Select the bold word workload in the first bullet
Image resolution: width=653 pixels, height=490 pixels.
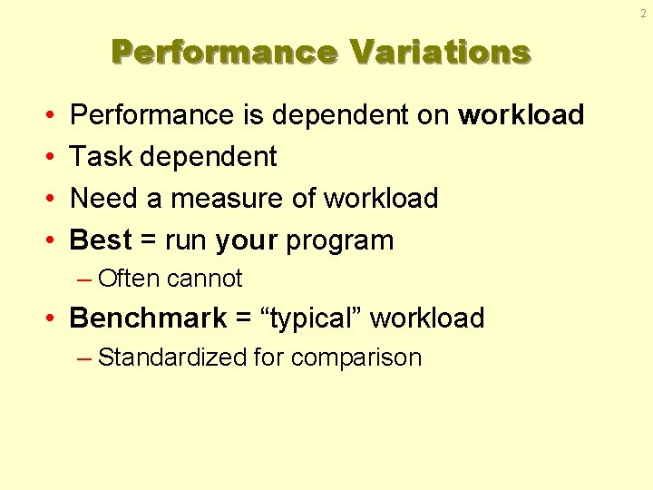[x=521, y=115]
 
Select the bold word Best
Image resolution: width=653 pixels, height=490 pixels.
[x=100, y=240]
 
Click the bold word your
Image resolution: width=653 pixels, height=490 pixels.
[x=247, y=240]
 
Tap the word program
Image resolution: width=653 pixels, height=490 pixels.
[x=340, y=240]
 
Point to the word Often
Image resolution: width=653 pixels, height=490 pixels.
[x=129, y=279]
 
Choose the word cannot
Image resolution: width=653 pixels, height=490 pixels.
[x=205, y=279]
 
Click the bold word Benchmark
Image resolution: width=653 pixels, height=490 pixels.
[x=148, y=318]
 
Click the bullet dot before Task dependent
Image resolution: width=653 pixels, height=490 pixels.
[x=46, y=158]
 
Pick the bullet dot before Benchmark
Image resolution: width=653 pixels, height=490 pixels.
[x=55, y=319]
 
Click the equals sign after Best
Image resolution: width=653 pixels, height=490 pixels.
[x=148, y=241]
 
